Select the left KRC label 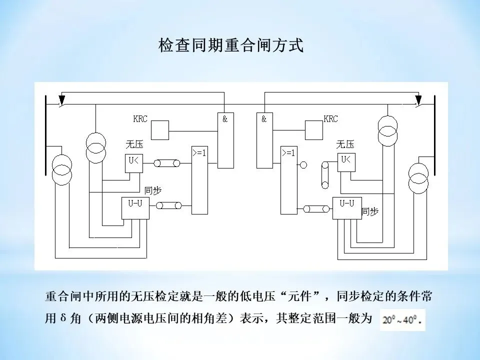pyautogui.click(x=140, y=119)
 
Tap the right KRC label pyautogui.click(x=331, y=119)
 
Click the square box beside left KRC pyautogui.click(x=160, y=130)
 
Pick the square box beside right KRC pyautogui.click(x=314, y=130)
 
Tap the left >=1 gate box pyautogui.click(x=199, y=180)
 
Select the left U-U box pyautogui.click(x=135, y=208)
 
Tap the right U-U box pyautogui.click(x=347, y=207)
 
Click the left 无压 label pyautogui.click(x=134, y=145)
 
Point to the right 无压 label pyautogui.click(x=345, y=144)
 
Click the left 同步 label pyautogui.click(x=153, y=190)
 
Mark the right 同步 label pyautogui.click(x=370, y=211)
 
